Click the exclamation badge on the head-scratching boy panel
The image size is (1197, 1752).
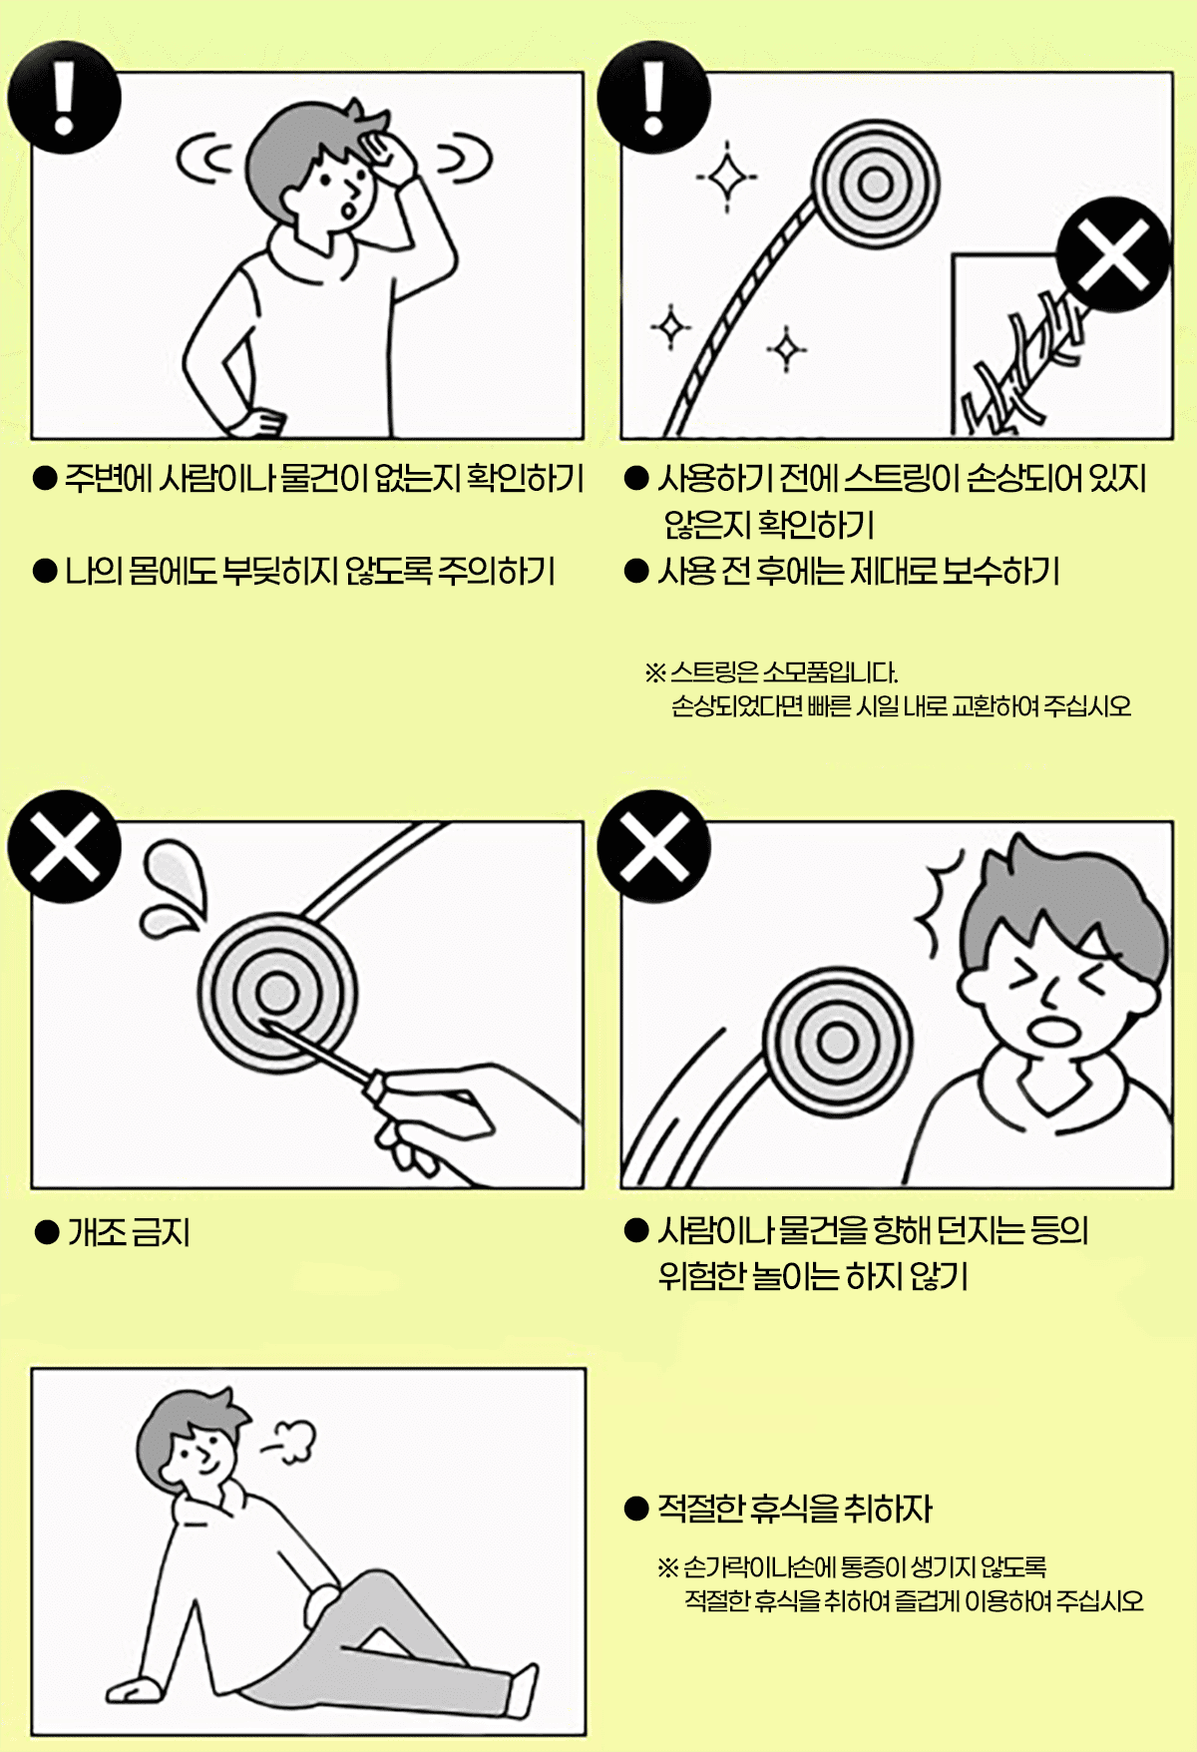coord(64,97)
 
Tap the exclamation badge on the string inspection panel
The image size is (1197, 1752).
coord(653,97)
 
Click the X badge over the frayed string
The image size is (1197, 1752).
coord(1113,254)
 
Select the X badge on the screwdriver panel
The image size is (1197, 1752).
coord(64,846)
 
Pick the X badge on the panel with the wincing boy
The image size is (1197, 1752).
coord(653,846)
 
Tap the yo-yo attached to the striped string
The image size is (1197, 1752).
coord(875,184)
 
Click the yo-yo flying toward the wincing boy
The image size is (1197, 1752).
coord(838,1042)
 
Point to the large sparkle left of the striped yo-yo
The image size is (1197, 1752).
coord(727,178)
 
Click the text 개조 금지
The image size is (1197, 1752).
coord(129,1232)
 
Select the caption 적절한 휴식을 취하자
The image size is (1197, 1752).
coord(794,1508)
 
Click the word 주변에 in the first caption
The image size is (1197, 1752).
coord(108,479)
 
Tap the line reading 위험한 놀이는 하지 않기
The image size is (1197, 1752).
coord(813,1276)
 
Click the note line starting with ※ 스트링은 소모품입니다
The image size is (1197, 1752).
coord(772,671)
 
